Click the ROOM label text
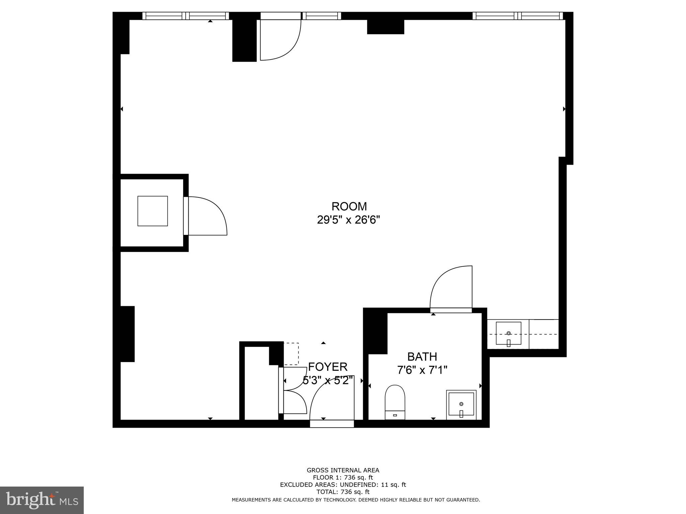349,206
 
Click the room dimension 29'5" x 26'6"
348,220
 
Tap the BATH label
422,357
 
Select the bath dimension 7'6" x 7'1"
422,370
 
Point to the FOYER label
328,367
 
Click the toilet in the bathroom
395,402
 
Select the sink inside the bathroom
461,405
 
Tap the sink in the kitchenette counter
508,333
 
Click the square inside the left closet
152,211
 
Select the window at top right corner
518,16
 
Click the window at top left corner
186,16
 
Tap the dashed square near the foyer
291,354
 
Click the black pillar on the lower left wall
127,334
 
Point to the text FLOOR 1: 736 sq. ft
343,478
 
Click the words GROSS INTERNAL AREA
343,470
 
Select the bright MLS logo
42,500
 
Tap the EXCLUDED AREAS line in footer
343,485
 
